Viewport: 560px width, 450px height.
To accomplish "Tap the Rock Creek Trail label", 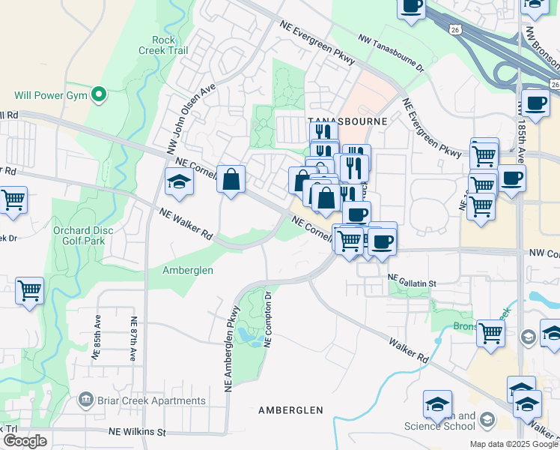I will pyautogui.click(x=162, y=45).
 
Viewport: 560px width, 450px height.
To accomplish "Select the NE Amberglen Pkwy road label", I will pyautogui.click(x=231, y=347).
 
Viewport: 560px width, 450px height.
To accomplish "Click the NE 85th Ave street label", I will pyautogui.click(x=97, y=338).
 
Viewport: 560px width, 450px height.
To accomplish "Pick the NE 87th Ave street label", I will pyautogui.click(x=134, y=338).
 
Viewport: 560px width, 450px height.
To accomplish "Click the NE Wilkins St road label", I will pyautogui.click(x=137, y=432).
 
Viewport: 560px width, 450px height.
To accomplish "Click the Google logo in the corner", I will pyautogui.click(x=25, y=441).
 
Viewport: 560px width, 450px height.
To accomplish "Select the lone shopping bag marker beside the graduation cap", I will pyautogui.click(x=231, y=179).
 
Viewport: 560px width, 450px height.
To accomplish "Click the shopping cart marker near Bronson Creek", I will pyautogui.click(x=490, y=332).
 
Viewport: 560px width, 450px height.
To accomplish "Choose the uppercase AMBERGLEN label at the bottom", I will pyautogui.click(x=290, y=410).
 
